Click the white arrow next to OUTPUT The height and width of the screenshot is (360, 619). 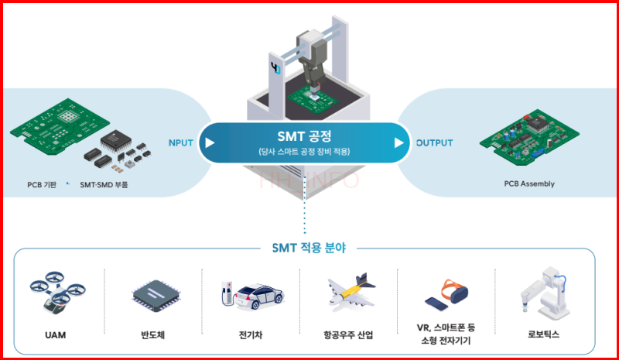pos(399,143)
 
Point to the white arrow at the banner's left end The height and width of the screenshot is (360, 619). pos(209,143)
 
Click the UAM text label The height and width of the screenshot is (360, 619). pos(54,334)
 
